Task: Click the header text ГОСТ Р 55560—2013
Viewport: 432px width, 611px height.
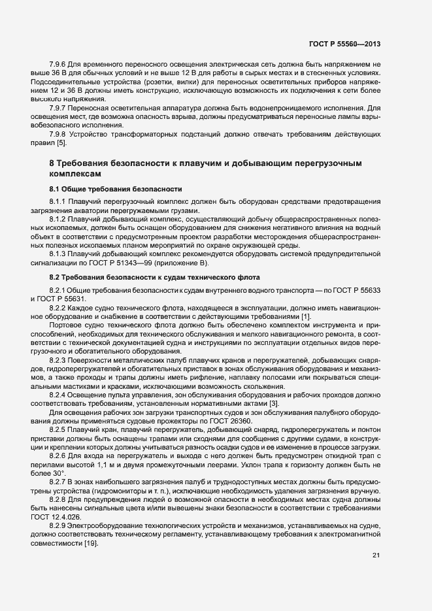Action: point(344,44)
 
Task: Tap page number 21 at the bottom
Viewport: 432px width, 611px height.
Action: point(376,555)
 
